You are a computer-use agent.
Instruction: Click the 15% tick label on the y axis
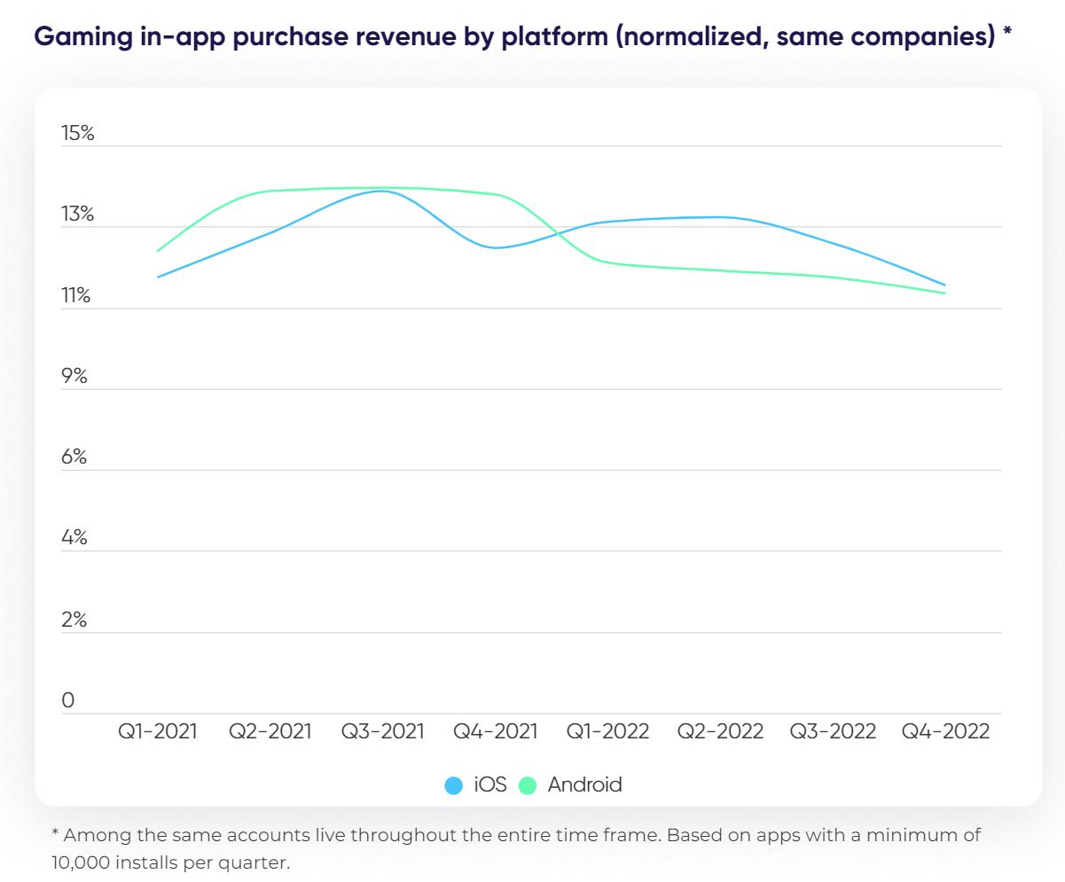click(x=77, y=134)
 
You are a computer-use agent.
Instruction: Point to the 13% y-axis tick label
click(x=77, y=215)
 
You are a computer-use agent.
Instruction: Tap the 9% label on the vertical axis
click(x=74, y=377)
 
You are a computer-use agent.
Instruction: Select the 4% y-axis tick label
click(x=74, y=538)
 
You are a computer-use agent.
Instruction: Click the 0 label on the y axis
click(x=68, y=700)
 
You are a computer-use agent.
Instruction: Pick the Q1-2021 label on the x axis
click(x=158, y=732)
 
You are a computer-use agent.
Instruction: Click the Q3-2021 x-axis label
click(x=383, y=732)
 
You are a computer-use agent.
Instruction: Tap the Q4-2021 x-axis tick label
click(x=496, y=732)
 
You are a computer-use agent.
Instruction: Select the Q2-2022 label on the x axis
click(x=720, y=732)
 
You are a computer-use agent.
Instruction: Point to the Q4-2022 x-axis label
click(x=945, y=732)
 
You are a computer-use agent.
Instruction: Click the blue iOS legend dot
click(x=454, y=785)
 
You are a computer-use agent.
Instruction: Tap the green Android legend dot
click(x=528, y=785)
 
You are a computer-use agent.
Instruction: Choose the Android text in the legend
click(x=584, y=784)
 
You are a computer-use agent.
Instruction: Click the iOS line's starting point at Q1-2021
click(x=158, y=277)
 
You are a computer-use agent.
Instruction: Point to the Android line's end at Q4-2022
click(x=945, y=293)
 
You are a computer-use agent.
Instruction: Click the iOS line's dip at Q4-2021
click(x=497, y=247)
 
